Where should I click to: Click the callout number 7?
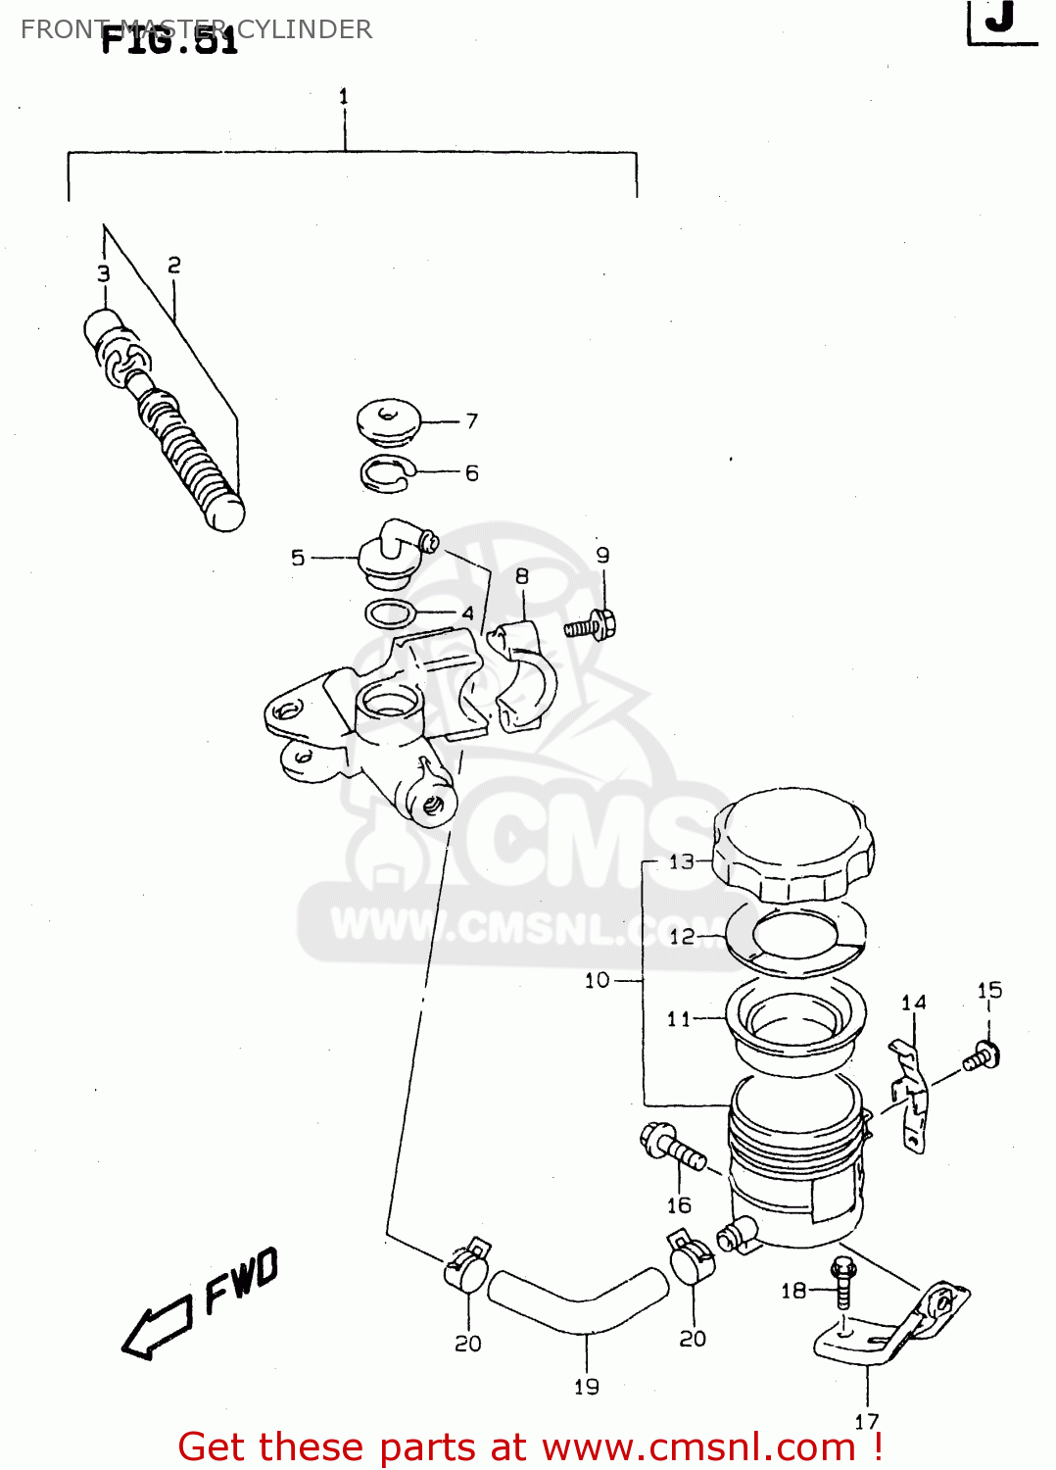point(472,420)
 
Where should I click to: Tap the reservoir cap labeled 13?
point(793,845)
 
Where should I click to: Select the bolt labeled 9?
point(592,625)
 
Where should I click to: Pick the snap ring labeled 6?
point(389,473)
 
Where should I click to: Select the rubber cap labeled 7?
point(389,420)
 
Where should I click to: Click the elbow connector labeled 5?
point(392,551)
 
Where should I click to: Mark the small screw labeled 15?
point(982,1056)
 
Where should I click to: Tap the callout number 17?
point(867,1421)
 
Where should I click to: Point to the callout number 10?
point(597,980)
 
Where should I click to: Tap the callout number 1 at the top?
point(344,96)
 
